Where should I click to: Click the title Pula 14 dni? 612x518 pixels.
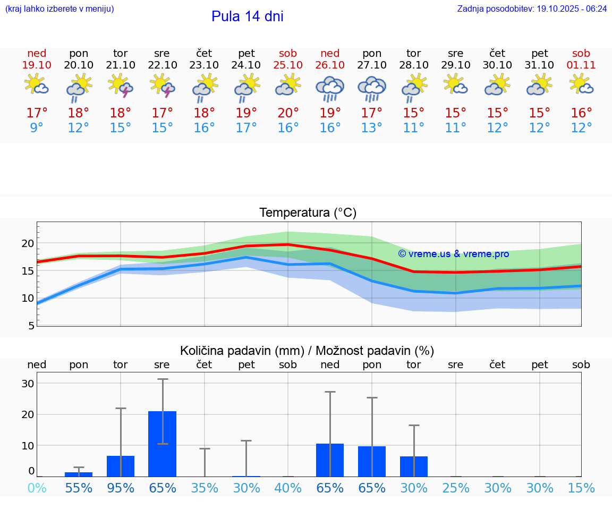point(247,16)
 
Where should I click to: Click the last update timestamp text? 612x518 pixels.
point(532,9)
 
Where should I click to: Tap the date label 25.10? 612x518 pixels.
point(288,65)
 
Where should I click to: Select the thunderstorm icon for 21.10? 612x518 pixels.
point(121,86)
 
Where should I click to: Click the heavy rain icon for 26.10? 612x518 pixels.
point(330,88)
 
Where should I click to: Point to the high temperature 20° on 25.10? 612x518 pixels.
point(288,113)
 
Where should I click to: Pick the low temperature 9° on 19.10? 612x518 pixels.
point(37,128)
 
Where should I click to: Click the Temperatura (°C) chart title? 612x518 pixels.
point(308,213)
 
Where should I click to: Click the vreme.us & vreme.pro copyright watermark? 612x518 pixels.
point(453,254)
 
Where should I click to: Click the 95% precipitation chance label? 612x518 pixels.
point(121,488)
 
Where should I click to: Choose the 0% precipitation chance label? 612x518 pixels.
point(37,488)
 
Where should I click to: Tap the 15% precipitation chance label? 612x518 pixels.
point(581,488)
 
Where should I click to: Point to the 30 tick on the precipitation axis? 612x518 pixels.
point(28,384)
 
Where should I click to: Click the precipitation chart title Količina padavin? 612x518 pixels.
point(307,351)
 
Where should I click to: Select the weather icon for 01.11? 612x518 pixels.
point(581,84)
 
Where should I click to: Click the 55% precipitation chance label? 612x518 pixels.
point(79,488)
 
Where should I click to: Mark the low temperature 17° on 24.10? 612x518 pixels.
point(246,128)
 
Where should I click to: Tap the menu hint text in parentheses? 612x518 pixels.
point(59,9)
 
